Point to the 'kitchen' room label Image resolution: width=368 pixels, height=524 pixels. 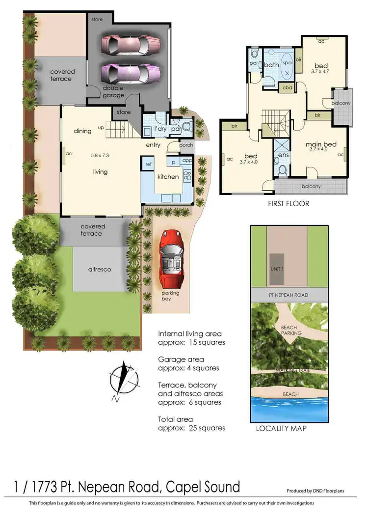168,177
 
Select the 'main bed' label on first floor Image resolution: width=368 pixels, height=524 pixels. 321,144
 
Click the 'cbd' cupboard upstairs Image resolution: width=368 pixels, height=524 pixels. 287,88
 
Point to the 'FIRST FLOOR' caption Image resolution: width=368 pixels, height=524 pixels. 289,203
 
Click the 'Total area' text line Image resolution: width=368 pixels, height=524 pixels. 175,419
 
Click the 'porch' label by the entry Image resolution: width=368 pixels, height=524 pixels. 186,146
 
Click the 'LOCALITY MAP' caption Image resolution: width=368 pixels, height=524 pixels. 282,429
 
